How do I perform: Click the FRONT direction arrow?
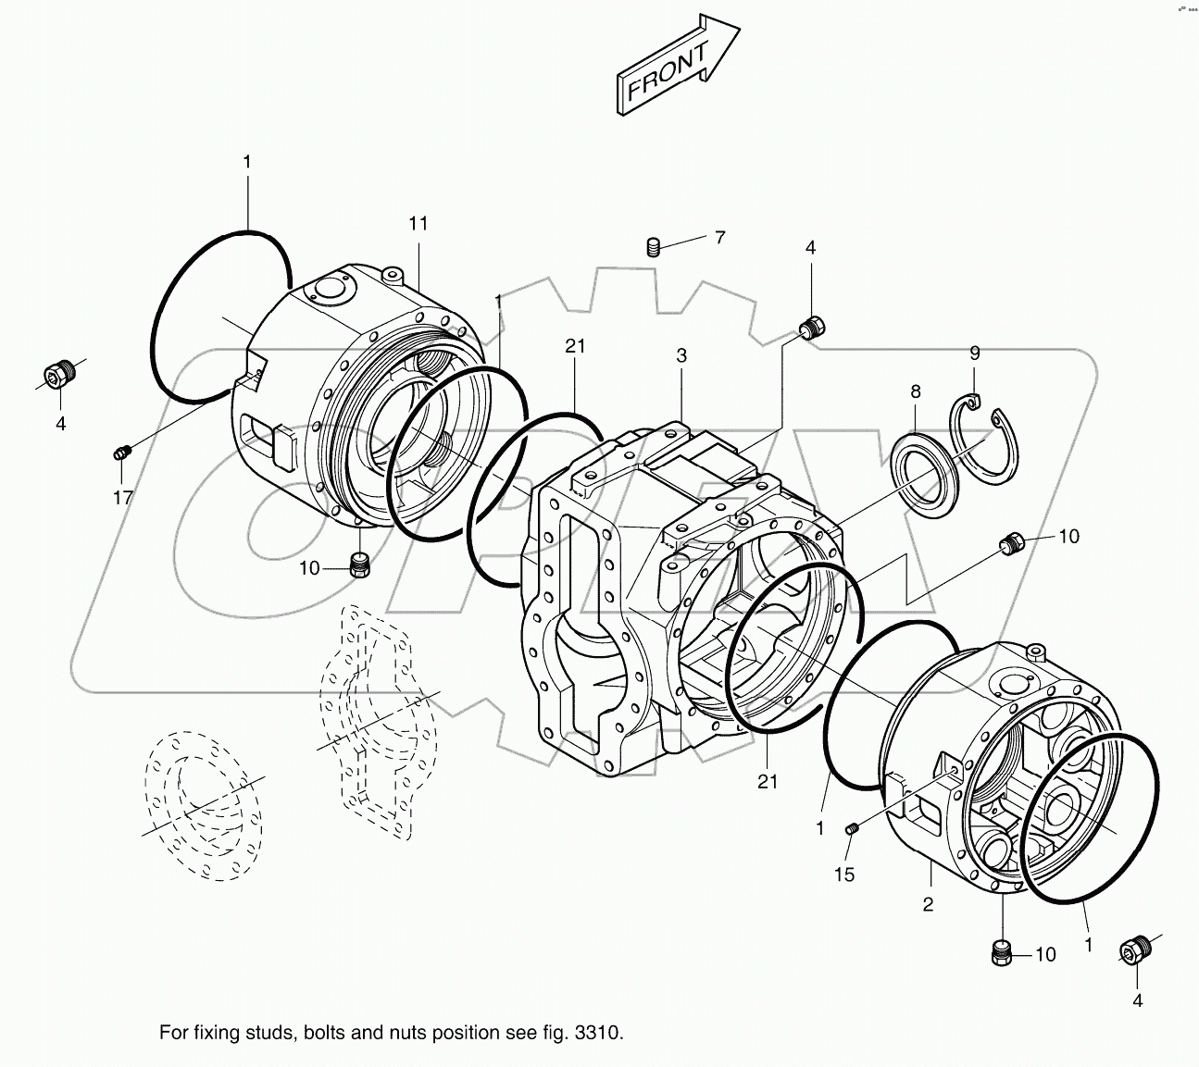pyautogui.click(x=677, y=67)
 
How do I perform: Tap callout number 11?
pyautogui.click(x=418, y=223)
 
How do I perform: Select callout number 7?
pyautogui.click(x=719, y=237)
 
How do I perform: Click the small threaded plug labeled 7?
pyautogui.click(x=653, y=247)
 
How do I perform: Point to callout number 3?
pyautogui.click(x=681, y=355)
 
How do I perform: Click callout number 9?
pyautogui.click(x=974, y=353)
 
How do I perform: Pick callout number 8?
pyautogui.click(x=915, y=391)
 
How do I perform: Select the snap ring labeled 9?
pyautogui.click(x=986, y=440)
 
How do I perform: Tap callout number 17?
pyautogui.click(x=123, y=498)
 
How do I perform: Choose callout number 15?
pyautogui.click(x=845, y=875)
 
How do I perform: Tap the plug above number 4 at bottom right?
pyautogui.click(x=1135, y=949)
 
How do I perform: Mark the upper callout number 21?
pyautogui.click(x=575, y=345)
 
